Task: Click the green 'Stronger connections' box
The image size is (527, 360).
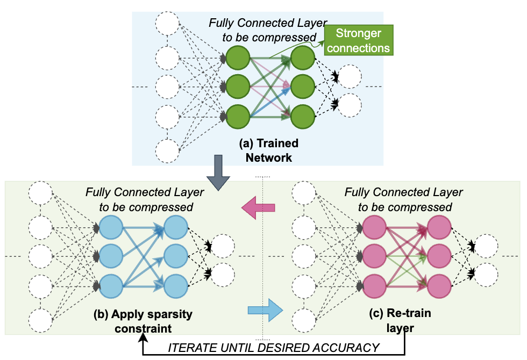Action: pos(359,40)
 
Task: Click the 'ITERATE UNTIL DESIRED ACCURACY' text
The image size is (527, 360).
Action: pos(274,348)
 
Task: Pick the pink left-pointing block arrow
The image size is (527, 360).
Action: pos(259,207)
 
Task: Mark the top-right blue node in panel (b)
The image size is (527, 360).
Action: pos(175,227)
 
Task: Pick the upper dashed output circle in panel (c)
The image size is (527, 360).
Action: pos(486,246)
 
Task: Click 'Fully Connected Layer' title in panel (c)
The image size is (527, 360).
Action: pos(404,192)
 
